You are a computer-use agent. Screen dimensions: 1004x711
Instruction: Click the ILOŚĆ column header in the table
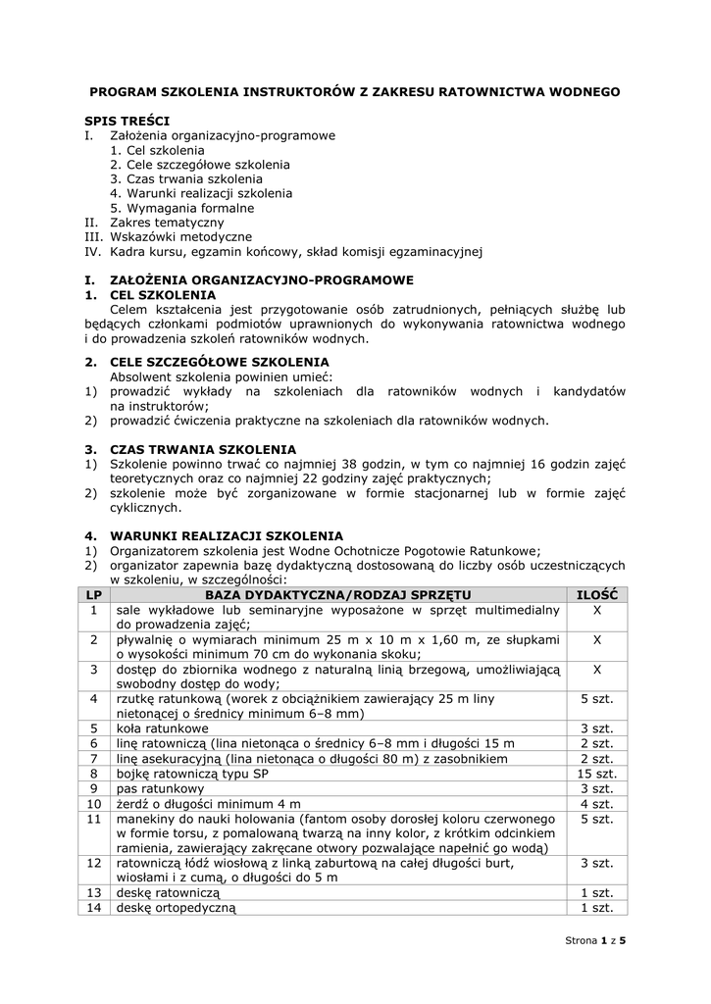tap(597, 594)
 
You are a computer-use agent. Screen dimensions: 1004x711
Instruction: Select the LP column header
tap(94, 594)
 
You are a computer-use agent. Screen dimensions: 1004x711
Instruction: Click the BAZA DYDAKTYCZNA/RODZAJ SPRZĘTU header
tap(337, 594)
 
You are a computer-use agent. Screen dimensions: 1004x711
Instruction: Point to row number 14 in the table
tap(94, 907)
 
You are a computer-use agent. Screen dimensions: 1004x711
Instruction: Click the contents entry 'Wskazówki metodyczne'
tap(180, 236)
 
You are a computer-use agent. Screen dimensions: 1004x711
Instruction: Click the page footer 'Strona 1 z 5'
tap(595, 940)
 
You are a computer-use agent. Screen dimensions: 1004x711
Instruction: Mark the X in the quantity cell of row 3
tap(597, 669)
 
